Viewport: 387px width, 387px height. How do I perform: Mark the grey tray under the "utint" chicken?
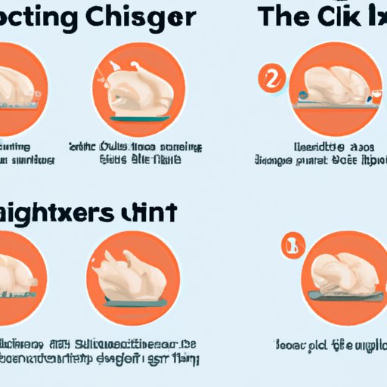click(133, 305)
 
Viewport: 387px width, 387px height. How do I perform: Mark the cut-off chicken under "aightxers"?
click(19, 272)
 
